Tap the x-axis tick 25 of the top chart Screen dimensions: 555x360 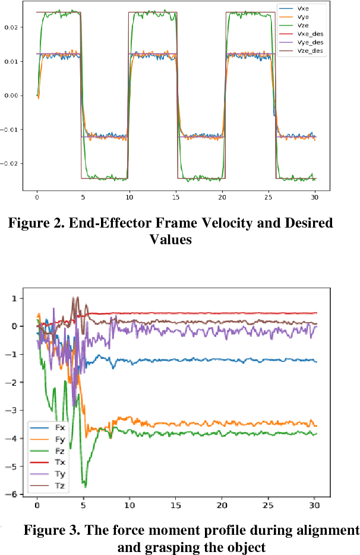point(276,194)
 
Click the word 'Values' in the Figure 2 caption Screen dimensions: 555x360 point(170,239)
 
